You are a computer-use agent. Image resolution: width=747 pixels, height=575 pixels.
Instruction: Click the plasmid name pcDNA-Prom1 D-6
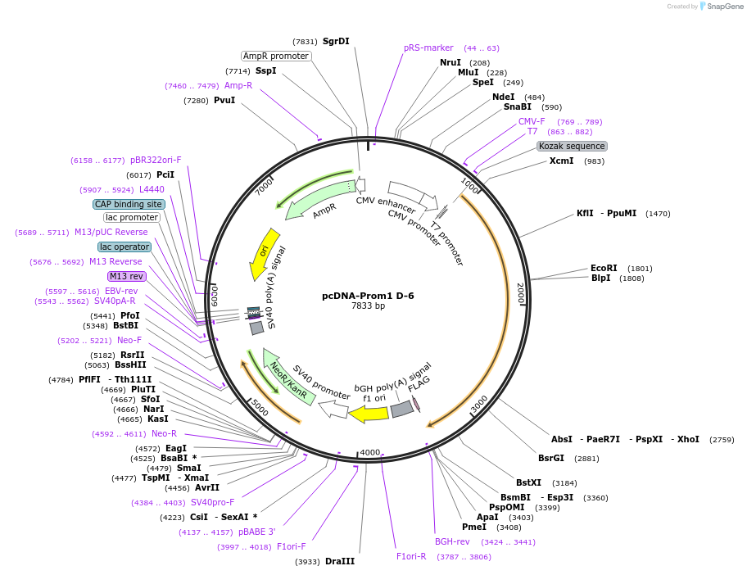(368, 295)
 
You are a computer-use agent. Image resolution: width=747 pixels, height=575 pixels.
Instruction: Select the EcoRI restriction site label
(604, 268)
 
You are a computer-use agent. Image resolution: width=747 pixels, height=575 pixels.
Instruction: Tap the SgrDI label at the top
(336, 41)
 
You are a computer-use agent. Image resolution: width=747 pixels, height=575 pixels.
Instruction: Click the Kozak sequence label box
(572, 146)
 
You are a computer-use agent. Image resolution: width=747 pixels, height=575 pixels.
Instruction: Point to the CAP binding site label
(129, 204)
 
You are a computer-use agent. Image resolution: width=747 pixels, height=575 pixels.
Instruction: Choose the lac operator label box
(124, 247)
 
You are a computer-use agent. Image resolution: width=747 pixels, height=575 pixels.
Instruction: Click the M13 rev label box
(126, 276)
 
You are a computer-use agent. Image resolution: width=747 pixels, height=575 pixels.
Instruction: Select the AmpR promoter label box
(276, 56)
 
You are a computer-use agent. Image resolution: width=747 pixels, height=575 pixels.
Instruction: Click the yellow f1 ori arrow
(369, 413)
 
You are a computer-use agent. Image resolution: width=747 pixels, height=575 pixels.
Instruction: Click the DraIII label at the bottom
(340, 561)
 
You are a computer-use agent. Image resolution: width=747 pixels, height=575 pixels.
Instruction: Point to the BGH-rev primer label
(452, 541)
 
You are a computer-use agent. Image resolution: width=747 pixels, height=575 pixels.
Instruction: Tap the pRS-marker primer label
(428, 48)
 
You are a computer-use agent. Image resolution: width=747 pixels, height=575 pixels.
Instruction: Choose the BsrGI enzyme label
(551, 458)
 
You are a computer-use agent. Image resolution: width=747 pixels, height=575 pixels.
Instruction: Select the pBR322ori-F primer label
(156, 161)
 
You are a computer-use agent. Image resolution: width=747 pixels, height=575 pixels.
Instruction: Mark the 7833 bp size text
(368, 306)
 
